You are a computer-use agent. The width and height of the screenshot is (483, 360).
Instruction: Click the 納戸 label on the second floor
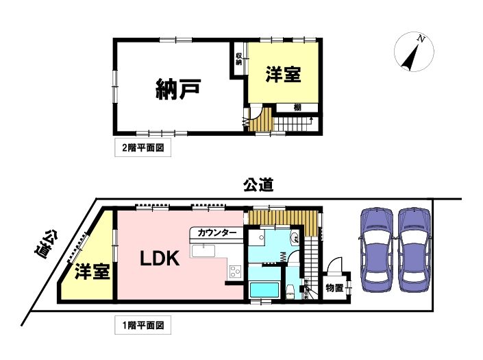178,89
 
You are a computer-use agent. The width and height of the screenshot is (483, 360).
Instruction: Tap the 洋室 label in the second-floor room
283,74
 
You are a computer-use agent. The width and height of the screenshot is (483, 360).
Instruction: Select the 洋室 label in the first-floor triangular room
92,272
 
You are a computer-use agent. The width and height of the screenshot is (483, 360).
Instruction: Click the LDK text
160,259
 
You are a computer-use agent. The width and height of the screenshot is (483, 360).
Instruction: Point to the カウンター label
216,232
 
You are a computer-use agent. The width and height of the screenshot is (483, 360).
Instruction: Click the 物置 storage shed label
334,288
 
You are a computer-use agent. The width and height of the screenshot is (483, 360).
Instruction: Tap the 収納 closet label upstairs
238,59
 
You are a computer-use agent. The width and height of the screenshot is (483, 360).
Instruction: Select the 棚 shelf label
297,107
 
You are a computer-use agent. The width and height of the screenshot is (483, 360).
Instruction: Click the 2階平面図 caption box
143,148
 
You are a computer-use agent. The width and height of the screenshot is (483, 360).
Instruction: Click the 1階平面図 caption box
143,325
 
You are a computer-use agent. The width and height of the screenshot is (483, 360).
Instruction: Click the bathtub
264,290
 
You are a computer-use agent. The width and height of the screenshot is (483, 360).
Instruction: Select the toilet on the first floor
290,291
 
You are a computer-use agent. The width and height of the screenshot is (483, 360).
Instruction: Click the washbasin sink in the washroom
294,238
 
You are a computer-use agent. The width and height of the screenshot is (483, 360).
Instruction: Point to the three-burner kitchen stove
236,272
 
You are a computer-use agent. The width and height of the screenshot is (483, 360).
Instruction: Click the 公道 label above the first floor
258,185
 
